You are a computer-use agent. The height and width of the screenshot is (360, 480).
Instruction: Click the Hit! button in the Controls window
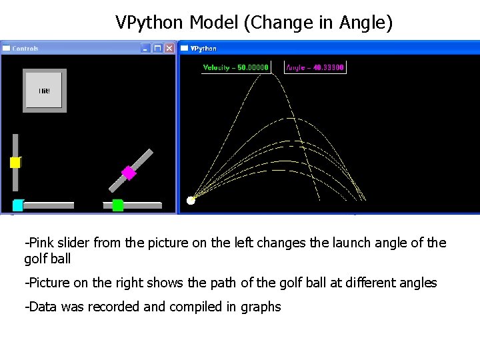(45, 91)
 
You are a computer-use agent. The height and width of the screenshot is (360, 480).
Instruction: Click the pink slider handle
(129, 173)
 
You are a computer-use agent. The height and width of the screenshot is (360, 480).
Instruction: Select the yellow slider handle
(15, 162)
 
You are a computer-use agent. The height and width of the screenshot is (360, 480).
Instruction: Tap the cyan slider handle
(18, 205)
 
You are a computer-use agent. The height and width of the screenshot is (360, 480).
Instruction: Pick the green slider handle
(118, 205)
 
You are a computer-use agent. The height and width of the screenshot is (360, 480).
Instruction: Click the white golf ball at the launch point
(191, 200)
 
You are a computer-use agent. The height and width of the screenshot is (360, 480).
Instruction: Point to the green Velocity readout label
(235, 67)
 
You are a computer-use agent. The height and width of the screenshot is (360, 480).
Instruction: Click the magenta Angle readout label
(315, 67)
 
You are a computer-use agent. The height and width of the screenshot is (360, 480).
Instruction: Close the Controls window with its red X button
(169, 48)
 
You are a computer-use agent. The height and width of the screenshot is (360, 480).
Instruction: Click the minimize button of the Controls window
(145, 48)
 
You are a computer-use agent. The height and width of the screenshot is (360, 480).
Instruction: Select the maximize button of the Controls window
(157, 48)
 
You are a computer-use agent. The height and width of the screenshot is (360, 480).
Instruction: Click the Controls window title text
(26, 49)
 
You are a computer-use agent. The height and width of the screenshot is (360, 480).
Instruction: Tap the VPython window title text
(203, 49)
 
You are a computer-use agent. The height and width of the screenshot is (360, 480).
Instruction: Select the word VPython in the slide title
(150, 23)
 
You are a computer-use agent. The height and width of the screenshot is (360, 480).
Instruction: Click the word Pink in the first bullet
(41, 243)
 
